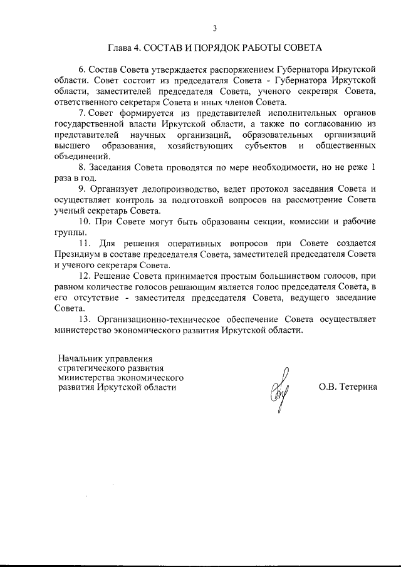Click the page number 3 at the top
(215, 28)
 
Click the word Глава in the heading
(120, 48)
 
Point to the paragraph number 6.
(81, 70)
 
